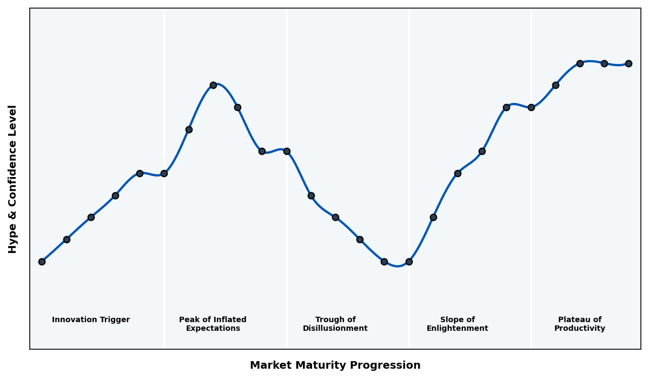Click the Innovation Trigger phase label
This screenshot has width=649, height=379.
coord(91,320)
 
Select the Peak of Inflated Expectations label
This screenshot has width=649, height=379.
coord(213,324)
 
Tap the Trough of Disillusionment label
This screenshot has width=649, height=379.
coord(335,324)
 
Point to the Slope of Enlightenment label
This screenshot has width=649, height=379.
coord(457,324)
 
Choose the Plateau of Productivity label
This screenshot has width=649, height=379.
coord(579,324)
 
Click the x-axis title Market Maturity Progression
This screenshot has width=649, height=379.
coord(335,365)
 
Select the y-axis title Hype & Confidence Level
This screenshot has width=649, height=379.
coord(13,179)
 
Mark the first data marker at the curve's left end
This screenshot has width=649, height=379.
coord(42,262)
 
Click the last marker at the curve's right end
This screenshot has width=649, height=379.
coord(628,63)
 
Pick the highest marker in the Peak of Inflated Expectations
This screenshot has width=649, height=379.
coord(213,85)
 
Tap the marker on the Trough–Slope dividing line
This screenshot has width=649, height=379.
coord(409,262)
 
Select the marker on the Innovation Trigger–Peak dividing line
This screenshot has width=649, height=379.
coord(164,173)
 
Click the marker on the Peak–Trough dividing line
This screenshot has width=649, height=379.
coord(287,151)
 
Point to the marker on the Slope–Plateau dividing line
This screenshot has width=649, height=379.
coord(531,107)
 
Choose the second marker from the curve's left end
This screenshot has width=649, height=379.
coord(67,239)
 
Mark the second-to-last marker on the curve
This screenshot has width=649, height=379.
coord(604,63)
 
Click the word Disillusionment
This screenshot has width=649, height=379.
coord(335,329)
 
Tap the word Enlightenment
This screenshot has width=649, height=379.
coord(457,329)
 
